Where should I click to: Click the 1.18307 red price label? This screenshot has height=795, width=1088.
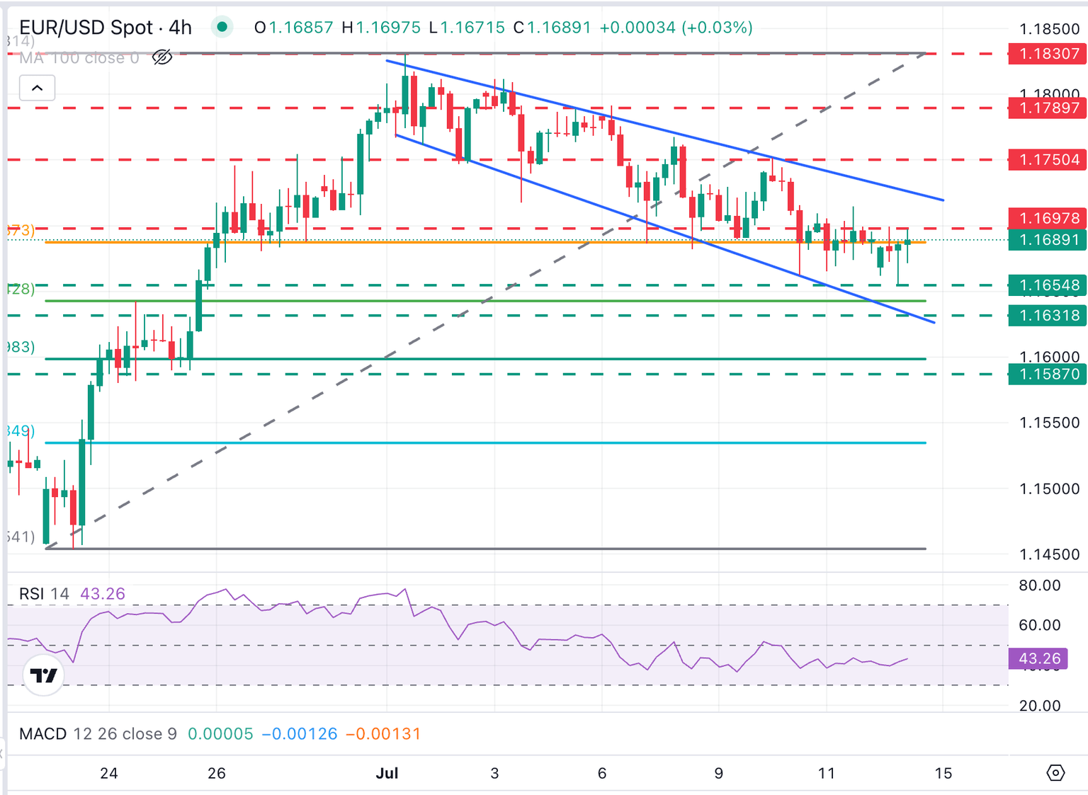[1048, 54]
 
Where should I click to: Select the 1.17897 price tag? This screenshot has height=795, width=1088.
[1048, 108]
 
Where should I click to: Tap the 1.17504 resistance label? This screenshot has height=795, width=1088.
[1048, 160]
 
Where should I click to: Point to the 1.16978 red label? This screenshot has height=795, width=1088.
[1048, 218]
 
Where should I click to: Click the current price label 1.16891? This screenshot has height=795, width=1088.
[1048, 240]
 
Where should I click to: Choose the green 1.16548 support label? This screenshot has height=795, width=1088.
[1048, 285]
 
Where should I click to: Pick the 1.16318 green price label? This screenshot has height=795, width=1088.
[1048, 316]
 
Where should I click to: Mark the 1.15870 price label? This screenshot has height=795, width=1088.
[1048, 374]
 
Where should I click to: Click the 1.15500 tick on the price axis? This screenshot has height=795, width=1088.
[1049, 423]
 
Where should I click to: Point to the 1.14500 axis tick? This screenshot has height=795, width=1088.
[1049, 555]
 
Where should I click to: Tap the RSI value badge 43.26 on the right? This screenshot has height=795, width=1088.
[1038, 659]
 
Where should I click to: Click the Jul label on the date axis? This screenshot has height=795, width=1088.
[387, 773]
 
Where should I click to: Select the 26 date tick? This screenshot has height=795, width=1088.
[217, 773]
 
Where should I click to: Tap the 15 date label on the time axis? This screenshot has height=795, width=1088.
[943, 773]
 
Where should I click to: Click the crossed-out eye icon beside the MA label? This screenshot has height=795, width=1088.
[162, 57]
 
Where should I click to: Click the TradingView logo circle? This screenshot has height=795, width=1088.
[44, 675]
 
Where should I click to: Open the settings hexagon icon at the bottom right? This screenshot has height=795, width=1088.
[1055, 772]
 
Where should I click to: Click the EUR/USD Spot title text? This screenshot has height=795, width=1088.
[86, 28]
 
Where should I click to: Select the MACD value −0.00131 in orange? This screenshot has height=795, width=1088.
[383, 734]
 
